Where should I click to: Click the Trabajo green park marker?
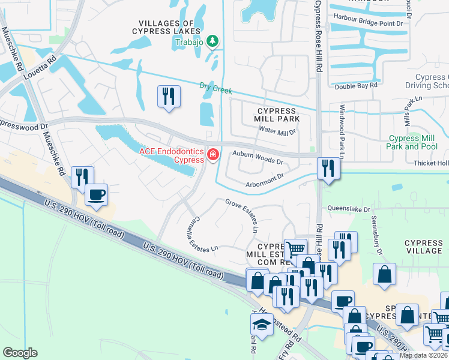pos(212,41)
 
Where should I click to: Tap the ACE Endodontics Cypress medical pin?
pos(212,155)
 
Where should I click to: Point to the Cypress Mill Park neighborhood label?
pos(277,115)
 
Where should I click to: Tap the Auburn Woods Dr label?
pos(258,158)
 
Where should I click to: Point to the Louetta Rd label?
pos(39,69)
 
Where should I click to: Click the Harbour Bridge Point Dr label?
pos(369,23)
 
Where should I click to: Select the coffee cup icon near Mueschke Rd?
pos(96,194)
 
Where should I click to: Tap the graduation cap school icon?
pos(262,324)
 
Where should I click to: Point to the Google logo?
pos(20,353)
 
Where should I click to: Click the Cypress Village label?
pos(424,247)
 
